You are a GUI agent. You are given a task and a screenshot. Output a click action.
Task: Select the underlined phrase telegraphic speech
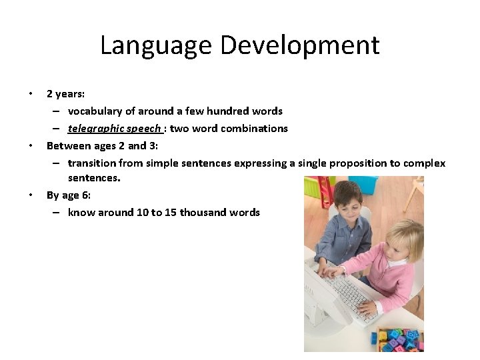coord(114,128)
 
